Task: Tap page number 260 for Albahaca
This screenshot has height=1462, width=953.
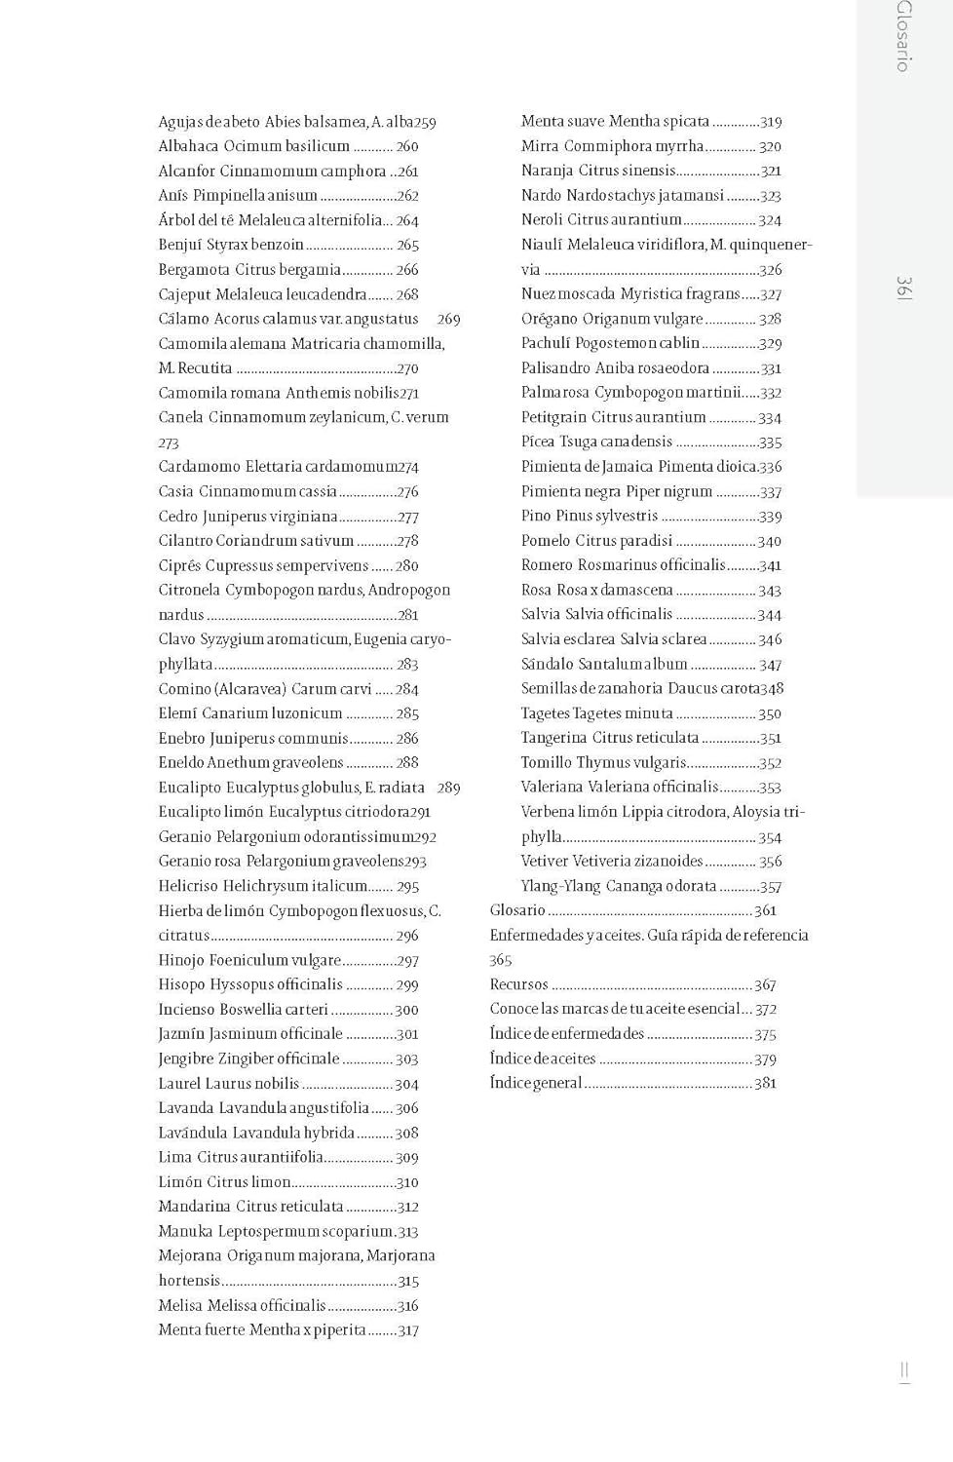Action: [407, 146]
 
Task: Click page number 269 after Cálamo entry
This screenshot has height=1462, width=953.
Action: [449, 319]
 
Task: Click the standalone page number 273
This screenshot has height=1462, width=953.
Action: [169, 442]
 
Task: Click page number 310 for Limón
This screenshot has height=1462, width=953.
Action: [407, 1182]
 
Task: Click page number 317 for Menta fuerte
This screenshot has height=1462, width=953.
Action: [407, 1330]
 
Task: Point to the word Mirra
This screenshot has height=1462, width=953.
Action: [540, 146]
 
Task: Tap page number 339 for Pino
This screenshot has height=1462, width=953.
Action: [770, 517]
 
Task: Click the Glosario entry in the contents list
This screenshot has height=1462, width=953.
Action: [517, 910]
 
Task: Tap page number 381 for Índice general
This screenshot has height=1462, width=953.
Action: [765, 1083]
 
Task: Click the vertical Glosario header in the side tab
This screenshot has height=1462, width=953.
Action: [904, 36]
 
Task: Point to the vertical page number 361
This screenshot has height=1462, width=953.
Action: [904, 289]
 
